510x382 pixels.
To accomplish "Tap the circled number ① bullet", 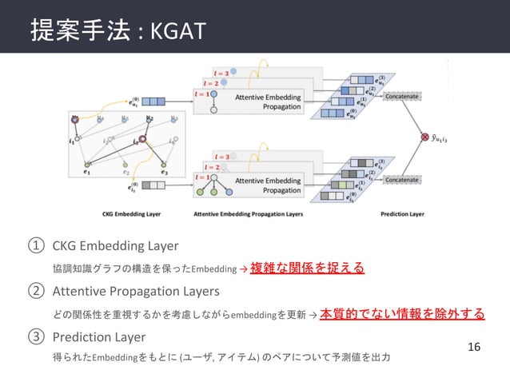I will pos(34,245).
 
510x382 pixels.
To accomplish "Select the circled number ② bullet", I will pos(34,292).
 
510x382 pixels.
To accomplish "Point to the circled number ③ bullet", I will pos(34,336).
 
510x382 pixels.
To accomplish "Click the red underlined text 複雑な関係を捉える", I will pos(308,268).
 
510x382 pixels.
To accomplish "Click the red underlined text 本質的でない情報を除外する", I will pos(402,313).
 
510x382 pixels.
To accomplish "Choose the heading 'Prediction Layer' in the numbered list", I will pos(100,336).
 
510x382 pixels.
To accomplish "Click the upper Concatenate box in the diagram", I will pos(404,97).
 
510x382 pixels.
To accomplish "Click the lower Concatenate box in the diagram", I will pos(404,181).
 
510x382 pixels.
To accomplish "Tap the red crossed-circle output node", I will pos(424,138).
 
